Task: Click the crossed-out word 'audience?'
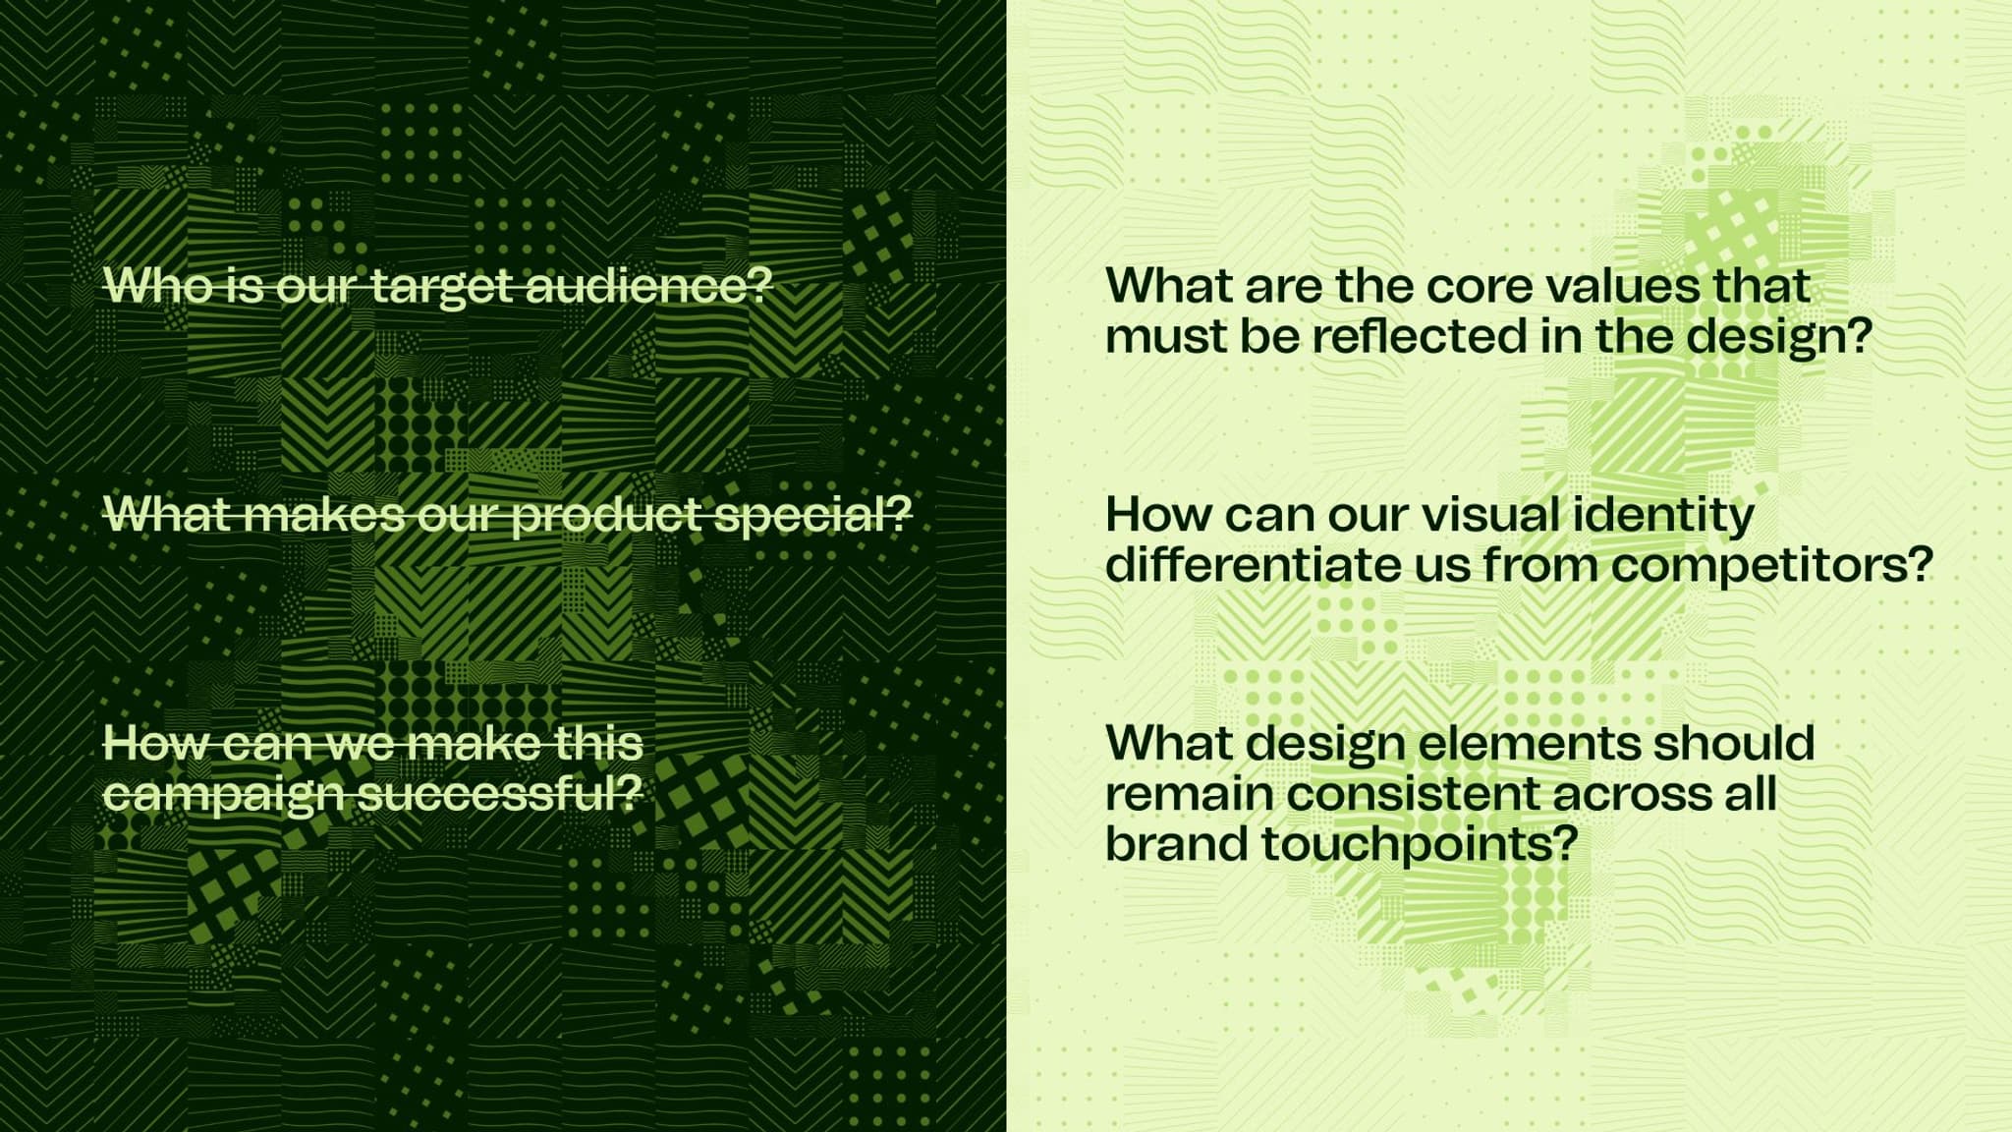pyautogui.click(x=649, y=285)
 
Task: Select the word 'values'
pyautogui.click(x=1624, y=286)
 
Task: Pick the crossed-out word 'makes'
pyautogui.click(x=322, y=514)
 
